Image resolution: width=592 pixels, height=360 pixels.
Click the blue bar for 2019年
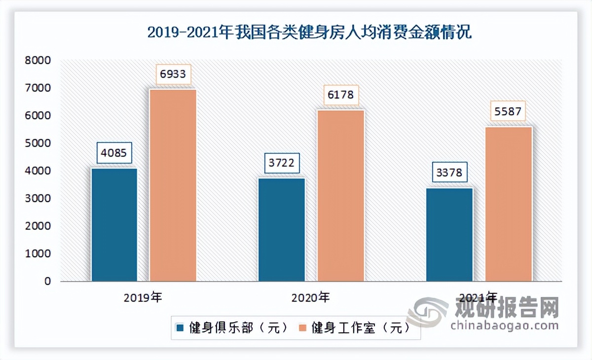pyautogui.click(x=114, y=224)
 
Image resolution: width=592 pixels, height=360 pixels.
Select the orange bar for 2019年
pyautogui.click(x=173, y=185)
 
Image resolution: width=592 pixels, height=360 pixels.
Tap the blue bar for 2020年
pyautogui.click(x=282, y=229)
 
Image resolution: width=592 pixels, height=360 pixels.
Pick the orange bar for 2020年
pyautogui.click(x=340, y=195)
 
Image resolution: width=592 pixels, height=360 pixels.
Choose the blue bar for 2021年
pyautogui.click(x=449, y=234)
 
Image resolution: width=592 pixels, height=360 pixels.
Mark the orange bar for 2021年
pyautogui.click(x=509, y=204)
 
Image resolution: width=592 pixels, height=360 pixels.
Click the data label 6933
pyautogui.click(x=173, y=74)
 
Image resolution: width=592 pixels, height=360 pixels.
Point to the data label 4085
pyautogui.click(x=114, y=153)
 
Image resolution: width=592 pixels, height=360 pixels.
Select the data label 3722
pyautogui.click(x=282, y=163)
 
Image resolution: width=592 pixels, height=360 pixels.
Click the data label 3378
pyautogui.click(x=449, y=173)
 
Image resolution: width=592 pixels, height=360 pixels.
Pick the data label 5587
pyautogui.click(x=509, y=112)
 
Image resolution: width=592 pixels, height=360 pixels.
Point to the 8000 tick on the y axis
pyautogui.click(x=39, y=61)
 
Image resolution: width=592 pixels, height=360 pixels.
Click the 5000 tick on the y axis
pyautogui.click(x=39, y=144)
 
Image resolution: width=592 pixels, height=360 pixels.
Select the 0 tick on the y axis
pyautogui.click(x=47, y=281)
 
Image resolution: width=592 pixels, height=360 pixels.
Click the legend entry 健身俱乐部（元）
pyautogui.click(x=232, y=328)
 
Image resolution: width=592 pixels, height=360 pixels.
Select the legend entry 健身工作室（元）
pyautogui.click(x=354, y=328)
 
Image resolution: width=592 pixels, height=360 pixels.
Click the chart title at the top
pyautogui.click(x=310, y=33)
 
